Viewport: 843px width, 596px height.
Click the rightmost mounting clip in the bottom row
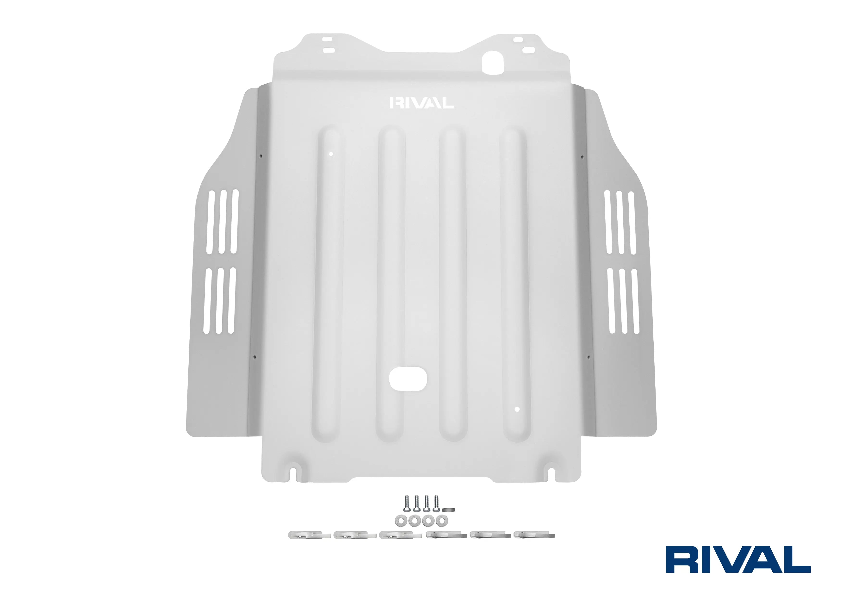tap(534, 545)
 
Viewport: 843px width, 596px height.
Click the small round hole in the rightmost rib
tap(517, 409)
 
